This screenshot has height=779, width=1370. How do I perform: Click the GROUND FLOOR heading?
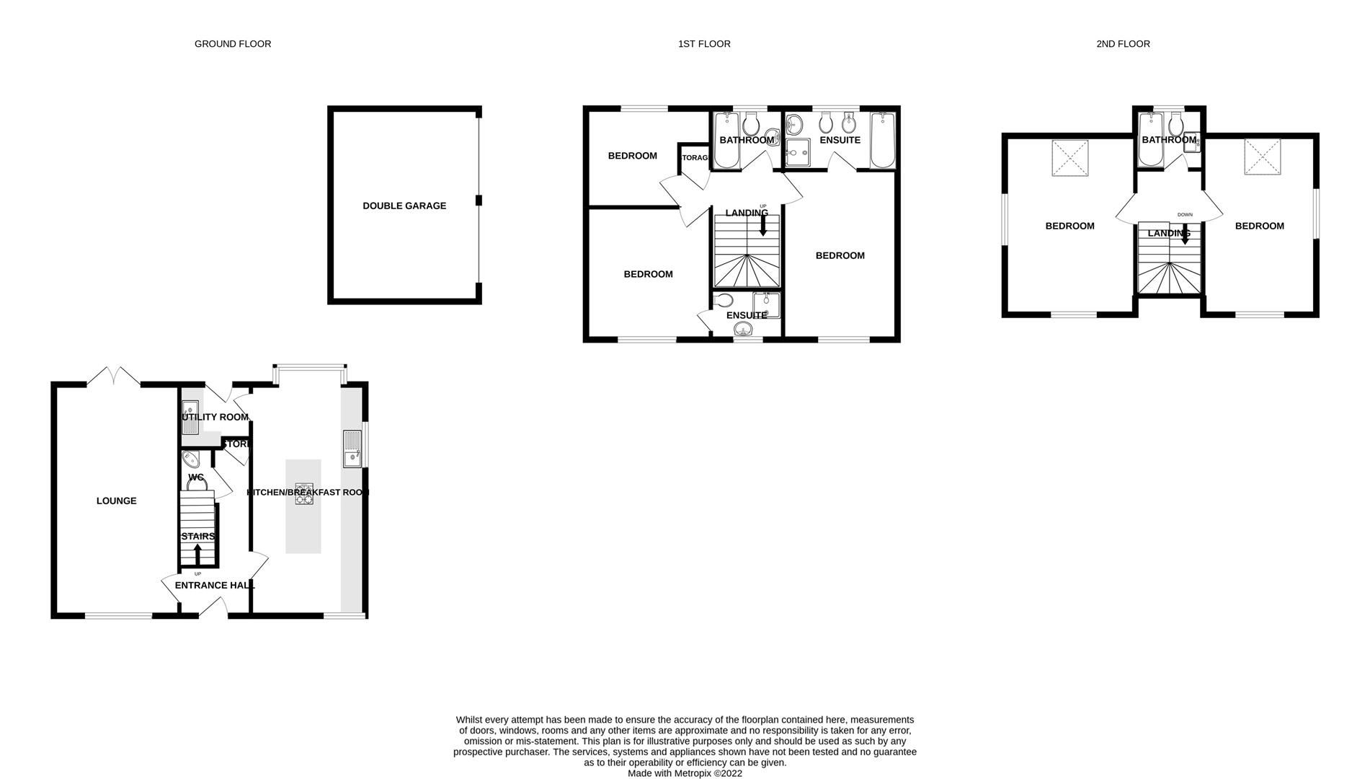point(233,44)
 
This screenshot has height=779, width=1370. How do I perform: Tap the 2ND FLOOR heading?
point(1123,44)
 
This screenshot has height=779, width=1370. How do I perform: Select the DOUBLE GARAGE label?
point(404,206)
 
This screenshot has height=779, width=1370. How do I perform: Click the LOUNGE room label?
point(116,501)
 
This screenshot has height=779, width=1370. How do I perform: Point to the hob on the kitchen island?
point(303,493)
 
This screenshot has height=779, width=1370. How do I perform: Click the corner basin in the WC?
point(191,459)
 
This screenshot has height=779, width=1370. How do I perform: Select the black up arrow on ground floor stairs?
point(198,554)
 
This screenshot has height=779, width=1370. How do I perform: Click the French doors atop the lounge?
point(114,377)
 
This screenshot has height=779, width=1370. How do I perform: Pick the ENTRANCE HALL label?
point(215,585)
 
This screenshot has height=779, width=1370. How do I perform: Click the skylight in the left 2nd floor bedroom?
point(1069,158)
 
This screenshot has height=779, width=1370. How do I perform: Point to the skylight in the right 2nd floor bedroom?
point(1263,157)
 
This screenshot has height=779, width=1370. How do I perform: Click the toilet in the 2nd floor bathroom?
point(1175,126)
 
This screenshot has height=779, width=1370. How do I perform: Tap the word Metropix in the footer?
point(693,773)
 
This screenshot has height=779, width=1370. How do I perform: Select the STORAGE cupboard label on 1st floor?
point(695,157)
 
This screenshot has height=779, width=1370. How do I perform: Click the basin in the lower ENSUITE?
point(744,330)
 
